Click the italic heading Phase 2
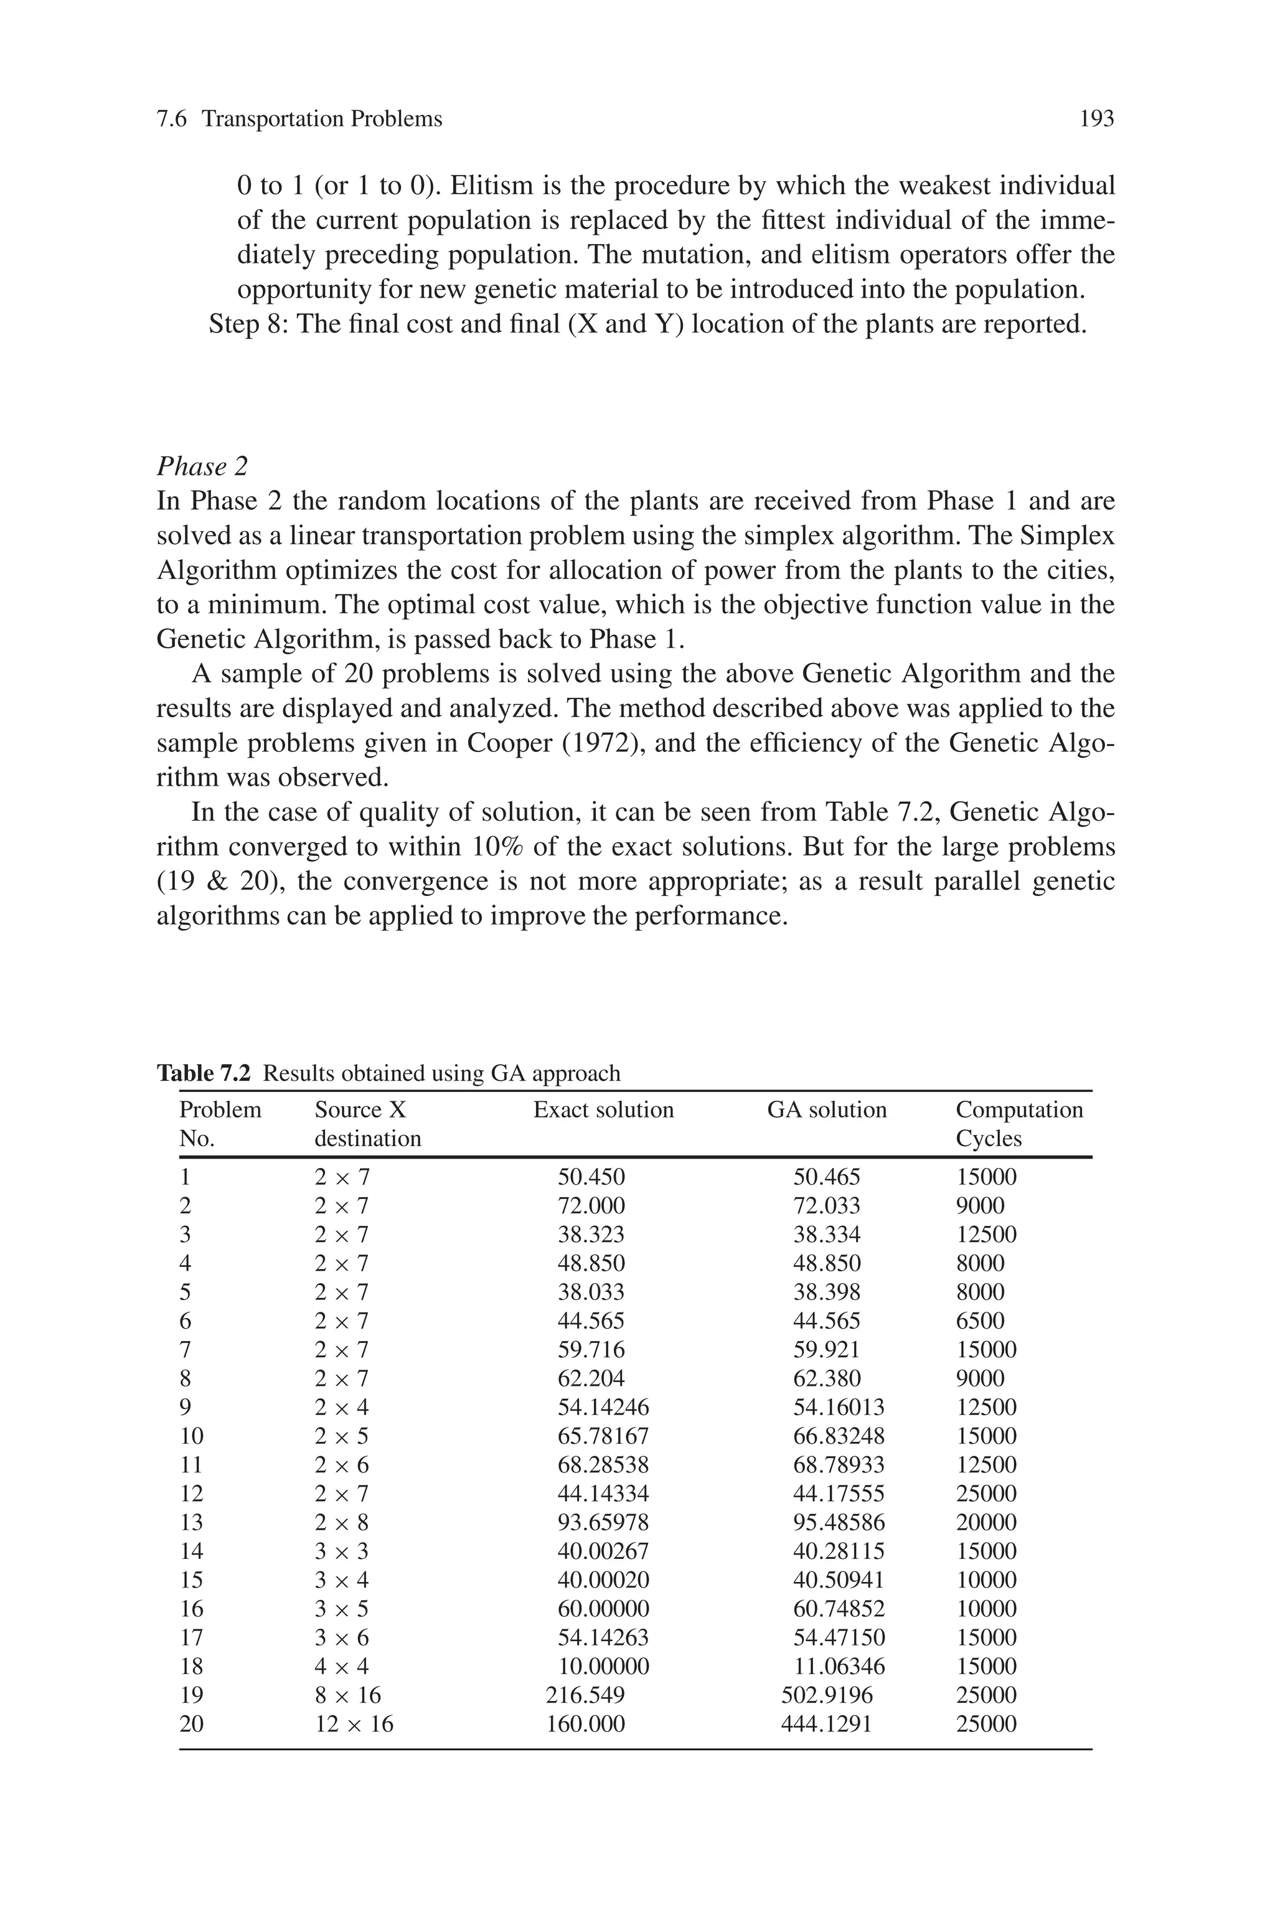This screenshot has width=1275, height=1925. click(202, 466)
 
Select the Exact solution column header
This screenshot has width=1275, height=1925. click(603, 1111)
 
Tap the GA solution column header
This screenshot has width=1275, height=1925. click(826, 1111)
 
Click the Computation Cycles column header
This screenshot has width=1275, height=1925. click(1019, 1124)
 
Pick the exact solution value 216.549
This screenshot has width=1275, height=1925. click(585, 1695)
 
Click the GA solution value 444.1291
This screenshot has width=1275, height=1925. click(826, 1723)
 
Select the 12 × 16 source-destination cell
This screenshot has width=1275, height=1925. click(354, 1723)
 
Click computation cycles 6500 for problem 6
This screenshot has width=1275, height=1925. click(980, 1321)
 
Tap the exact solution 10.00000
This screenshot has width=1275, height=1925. click(603, 1667)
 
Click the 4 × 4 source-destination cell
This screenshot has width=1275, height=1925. click(342, 1667)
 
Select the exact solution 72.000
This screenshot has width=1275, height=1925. click(591, 1205)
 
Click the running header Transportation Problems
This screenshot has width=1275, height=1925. click(322, 120)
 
